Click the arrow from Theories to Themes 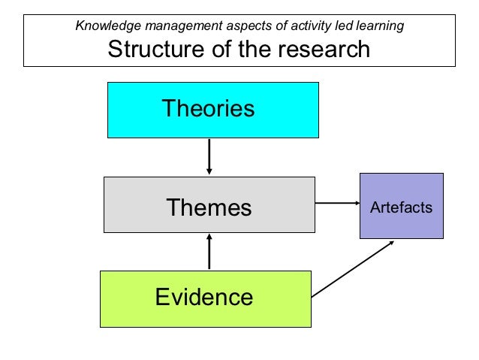tap(209, 156)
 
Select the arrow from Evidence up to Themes tap(209, 252)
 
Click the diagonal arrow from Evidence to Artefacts tap(353, 268)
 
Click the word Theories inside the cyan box tap(209, 109)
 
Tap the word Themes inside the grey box tap(209, 207)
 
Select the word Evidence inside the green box tap(204, 298)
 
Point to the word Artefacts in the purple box tap(401, 207)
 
